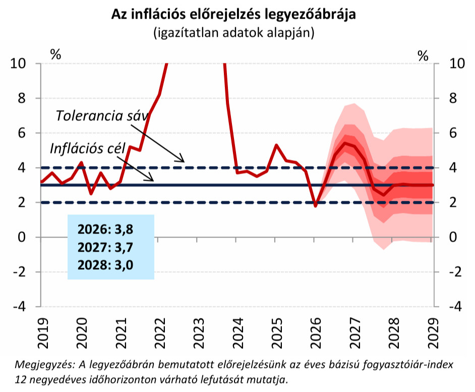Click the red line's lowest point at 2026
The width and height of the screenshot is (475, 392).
pyautogui.click(x=316, y=206)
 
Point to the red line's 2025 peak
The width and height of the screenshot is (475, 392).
pyautogui.click(x=276, y=145)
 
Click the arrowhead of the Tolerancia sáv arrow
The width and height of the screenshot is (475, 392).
pyautogui.click(x=183, y=161)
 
